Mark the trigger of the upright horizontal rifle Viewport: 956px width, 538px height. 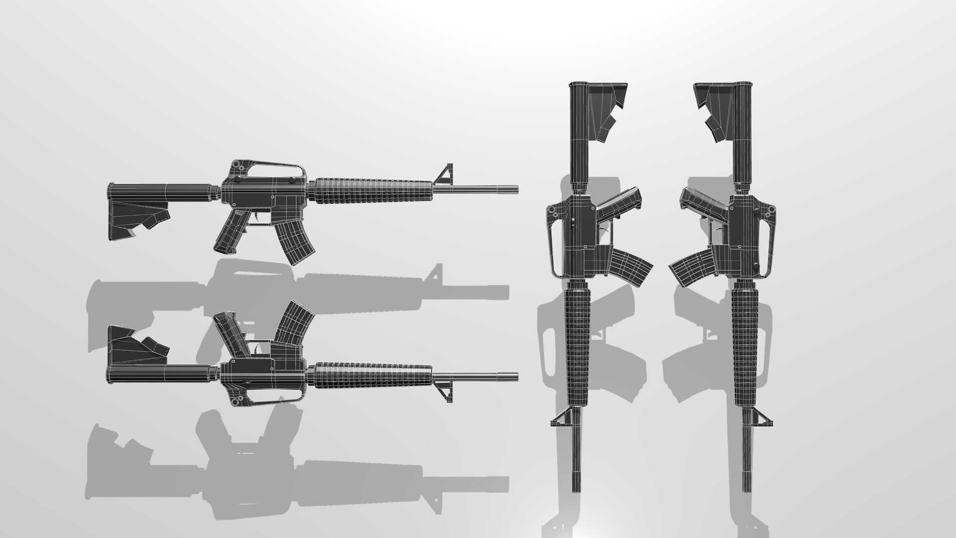tap(258, 218)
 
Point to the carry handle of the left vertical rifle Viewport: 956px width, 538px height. tap(552, 239)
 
